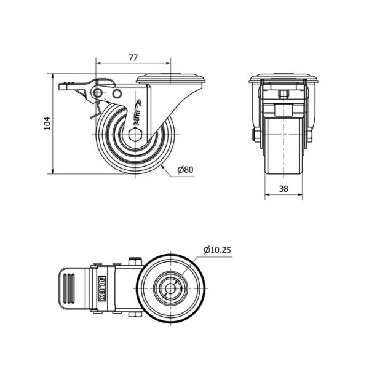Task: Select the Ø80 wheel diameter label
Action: [x=186, y=170]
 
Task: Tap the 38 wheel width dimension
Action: [x=284, y=190]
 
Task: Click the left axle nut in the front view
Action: [x=253, y=134]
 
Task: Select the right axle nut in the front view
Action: [x=309, y=134]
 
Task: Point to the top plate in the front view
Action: [x=284, y=79]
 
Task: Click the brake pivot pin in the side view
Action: [x=97, y=92]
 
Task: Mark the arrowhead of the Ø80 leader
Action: [x=161, y=164]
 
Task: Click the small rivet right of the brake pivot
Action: [x=117, y=94]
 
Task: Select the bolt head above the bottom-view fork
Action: [x=133, y=261]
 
